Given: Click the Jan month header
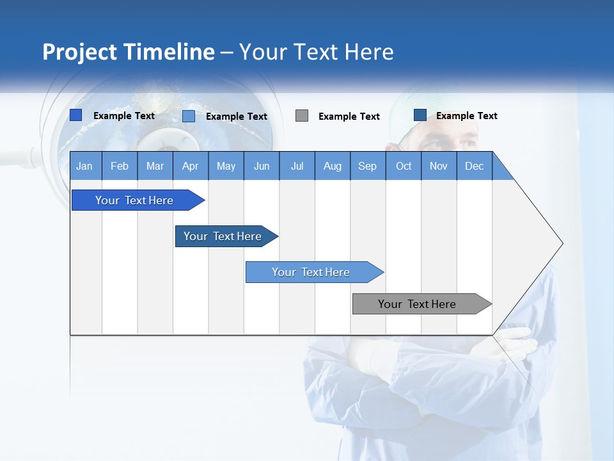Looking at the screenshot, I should [85, 166].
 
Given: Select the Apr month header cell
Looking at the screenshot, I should [191, 166].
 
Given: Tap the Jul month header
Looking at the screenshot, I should [297, 166].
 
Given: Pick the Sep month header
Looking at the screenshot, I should [367, 166].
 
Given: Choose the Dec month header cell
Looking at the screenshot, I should [474, 166].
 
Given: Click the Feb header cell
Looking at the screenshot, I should [120, 166].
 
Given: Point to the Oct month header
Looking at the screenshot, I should [403, 166].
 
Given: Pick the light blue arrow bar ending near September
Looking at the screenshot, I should [312, 272].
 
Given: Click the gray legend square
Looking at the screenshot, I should [302, 116].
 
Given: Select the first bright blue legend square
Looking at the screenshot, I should [75, 115].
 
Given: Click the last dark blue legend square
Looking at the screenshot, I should [420, 115].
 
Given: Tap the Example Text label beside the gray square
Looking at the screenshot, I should [349, 117].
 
